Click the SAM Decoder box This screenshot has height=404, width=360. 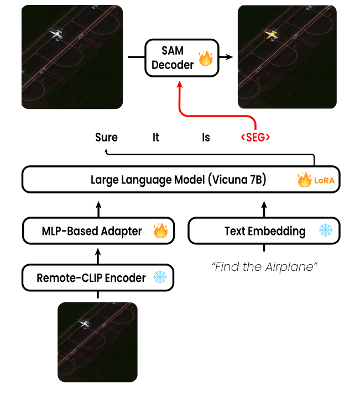click(181, 57)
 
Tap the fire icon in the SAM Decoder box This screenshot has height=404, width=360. click(206, 58)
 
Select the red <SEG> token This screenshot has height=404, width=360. click(255, 138)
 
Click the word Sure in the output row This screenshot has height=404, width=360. click(106, 138)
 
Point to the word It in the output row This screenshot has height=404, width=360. click(156, 138)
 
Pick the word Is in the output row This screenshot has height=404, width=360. click(206, 138)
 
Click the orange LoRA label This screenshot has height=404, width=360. click(324, 181)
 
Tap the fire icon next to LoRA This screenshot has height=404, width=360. click(305, 180)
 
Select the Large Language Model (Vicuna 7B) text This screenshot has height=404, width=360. click(179, 180)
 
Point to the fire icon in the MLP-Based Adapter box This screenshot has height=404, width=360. click(160, 231)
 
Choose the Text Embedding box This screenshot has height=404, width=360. click(264, 231)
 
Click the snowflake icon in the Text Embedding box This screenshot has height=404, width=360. click(326, 231)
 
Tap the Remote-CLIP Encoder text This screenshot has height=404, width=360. click(91, 277)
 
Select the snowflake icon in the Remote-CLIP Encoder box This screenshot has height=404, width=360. click(160, 277)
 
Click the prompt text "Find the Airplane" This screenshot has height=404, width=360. click(264, 267)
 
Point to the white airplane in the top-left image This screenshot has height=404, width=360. click(56, 34)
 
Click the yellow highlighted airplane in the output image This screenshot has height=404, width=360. click(271, 35)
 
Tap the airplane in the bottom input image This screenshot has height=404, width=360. click(85, 323)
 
